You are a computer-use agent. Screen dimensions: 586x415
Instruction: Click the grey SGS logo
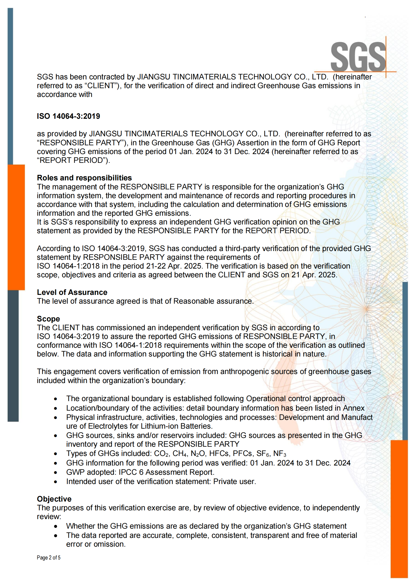click(358, 57)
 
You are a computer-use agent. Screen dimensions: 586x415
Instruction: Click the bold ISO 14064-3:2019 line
click(68, 116)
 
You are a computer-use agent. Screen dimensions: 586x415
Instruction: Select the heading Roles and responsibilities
click(84, 178)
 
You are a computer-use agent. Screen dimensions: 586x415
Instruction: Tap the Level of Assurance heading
click(72, 292)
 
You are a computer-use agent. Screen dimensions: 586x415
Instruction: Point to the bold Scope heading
click(48, 319)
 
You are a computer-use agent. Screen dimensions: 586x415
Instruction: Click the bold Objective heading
click(54, 499)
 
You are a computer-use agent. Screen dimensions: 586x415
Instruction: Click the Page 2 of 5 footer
click(49, 558)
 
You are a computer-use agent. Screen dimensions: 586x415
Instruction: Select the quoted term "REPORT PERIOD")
click(73, 160)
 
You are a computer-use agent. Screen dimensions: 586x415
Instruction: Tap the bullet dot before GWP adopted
click(55, 473)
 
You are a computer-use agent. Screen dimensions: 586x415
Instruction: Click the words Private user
click(234, 481)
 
